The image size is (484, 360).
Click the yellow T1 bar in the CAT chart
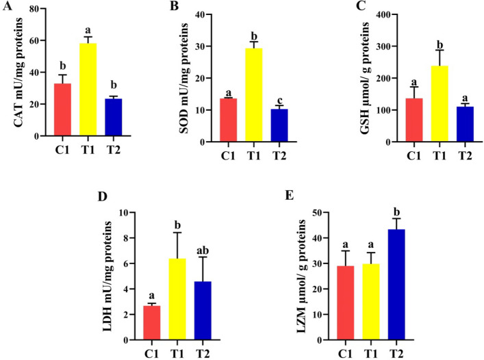[x=88, y=89]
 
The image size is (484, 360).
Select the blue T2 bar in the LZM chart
[x=396, y=285]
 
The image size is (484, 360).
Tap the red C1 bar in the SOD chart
[x=228, y=120]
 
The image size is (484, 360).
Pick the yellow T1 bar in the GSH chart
[x=440, y=103]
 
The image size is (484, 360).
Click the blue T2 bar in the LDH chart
[x=203, y=310]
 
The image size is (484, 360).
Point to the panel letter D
[x=102, y=196]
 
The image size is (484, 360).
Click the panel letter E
[x=289, y=195]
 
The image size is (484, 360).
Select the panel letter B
[x=174, y=5]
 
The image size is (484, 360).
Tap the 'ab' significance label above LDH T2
[x=203, y=250]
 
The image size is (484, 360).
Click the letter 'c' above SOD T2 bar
[x=280, y=101]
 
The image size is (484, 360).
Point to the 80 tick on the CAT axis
[x=34, y=9]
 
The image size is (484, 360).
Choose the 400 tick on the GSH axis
[x=383, y=14]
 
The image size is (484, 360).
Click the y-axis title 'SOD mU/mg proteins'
[x=184, y=78]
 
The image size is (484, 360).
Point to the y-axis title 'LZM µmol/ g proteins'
[x=301, y=277]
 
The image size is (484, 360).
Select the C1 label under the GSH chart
[x=414, y=156]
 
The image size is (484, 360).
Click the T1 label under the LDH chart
[x=177, y=354]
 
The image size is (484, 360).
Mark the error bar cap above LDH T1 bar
[x=177, y=233]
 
